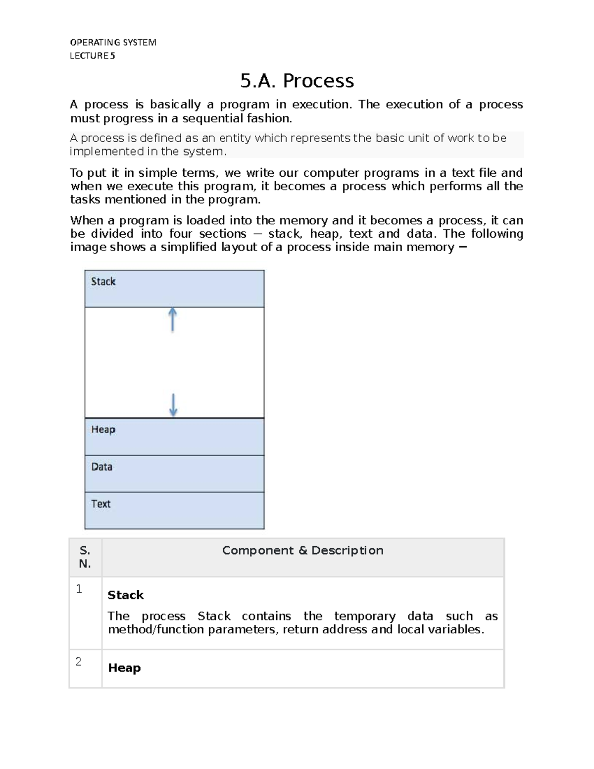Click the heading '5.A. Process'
click(297, 81)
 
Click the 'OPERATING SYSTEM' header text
click(113, 43)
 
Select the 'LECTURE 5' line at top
click(93, 56)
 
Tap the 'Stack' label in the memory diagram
click(103, 282)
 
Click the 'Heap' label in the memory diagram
click(103, 430)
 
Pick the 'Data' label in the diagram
click(102, 467)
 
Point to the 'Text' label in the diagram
click(101, 504)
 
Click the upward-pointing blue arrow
click(172, 319)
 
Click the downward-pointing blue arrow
click(173, 405)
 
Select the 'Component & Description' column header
click(302, 551)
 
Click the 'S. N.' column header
click(85, 557)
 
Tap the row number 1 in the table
click(79, 589)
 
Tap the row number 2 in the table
click(79, 662)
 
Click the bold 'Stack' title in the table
click(126, 595)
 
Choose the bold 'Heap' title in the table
click(124, 668)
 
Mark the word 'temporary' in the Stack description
click(365, 616)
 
